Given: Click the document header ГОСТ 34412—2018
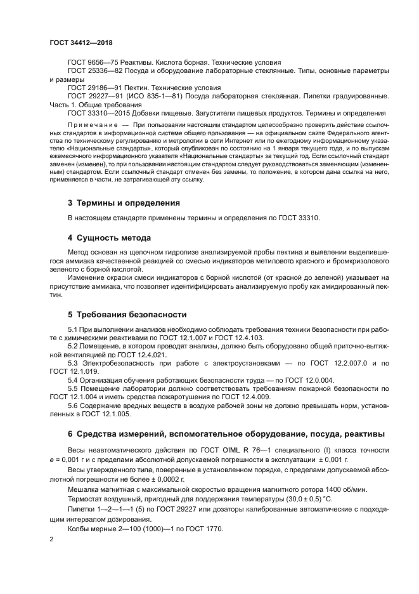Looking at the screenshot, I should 81,42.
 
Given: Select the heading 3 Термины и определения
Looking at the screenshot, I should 124,203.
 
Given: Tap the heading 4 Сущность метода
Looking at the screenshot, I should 109,238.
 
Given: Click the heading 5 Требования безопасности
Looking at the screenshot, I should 127,314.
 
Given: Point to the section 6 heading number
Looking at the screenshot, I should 70,434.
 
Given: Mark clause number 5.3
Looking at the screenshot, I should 73,362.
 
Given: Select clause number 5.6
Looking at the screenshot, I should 73,404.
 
